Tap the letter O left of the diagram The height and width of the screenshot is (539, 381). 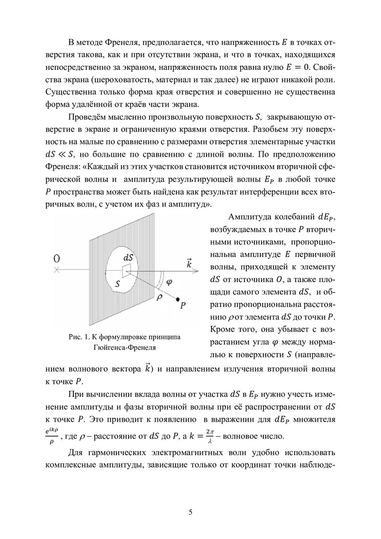(57, 259)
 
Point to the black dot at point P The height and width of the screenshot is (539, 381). (178, 299)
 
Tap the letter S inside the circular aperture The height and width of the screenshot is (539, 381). (118, 283)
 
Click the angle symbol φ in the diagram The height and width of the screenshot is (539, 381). (168, 282)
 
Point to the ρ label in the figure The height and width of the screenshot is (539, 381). (160, 296)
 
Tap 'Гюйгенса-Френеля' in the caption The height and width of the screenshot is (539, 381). (124, 347)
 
